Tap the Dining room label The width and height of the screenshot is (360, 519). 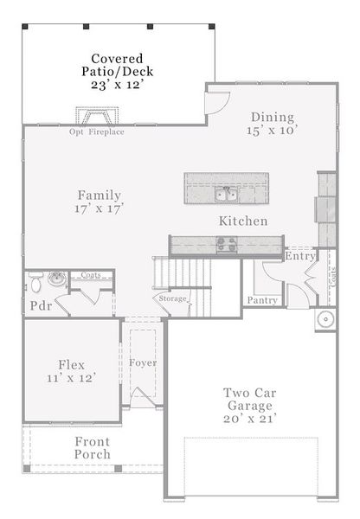[273, 118]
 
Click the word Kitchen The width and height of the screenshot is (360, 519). [242, 221]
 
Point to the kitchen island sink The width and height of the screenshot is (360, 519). [226, 192]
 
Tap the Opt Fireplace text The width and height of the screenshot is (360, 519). [97, 132]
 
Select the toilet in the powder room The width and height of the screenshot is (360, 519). [36, 282]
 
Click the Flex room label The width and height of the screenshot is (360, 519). [72, 364]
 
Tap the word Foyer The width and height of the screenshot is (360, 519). [143, 362]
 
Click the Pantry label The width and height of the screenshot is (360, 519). [262, 300]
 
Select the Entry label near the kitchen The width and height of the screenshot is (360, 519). [299, 256]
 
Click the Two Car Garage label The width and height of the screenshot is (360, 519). [248, 398]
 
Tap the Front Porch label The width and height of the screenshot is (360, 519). [92, 448]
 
